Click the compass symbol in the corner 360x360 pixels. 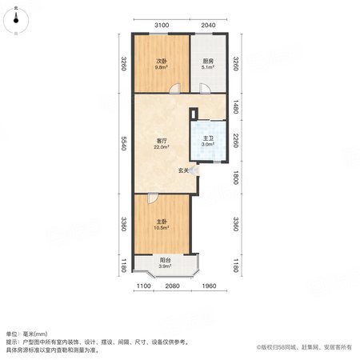pos(16,21)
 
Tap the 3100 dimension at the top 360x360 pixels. pos(162,26)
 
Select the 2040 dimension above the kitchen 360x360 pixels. pos(208,26)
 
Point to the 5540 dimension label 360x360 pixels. pos(123,143)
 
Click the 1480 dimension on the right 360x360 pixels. pos(235,106)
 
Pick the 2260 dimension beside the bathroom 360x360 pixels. pos(235,140)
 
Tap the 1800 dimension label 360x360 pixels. pos(235,177)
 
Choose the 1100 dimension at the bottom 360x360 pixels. pos(144,286)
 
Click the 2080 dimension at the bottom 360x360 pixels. pos(173,286)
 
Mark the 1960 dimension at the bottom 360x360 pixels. pos(209,286)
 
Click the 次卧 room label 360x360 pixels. pos(162,62)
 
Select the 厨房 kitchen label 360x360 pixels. pos(208,62)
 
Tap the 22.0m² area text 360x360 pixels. pos(162,147)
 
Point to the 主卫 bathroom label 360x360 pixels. pos(208,138)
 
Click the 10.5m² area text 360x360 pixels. pos(162,228)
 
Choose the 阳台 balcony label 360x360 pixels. pos(165,260)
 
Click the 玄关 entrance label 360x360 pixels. pos(183,170)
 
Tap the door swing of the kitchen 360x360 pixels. pos(205,89)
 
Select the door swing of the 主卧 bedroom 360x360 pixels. pos(153,198)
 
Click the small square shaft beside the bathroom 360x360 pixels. pos(194,114)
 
